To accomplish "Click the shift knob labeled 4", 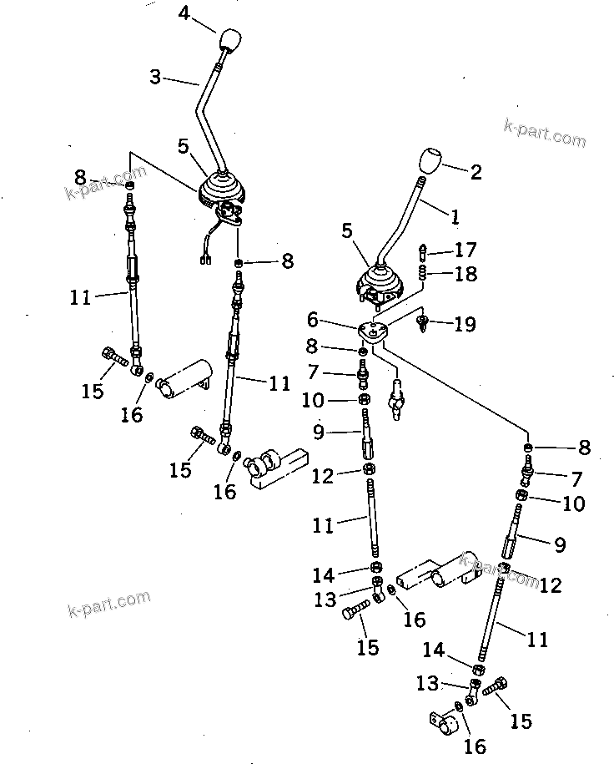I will pyautogui.click(x=229, y=41).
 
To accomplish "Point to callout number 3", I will pyautogui.click(x=155, y=77).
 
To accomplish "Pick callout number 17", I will pyautogui.click(x=466, y=249).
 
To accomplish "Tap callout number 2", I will pyautogui.click(x=476, y=173).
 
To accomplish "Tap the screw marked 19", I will pyautogui.click(x=426, y=321).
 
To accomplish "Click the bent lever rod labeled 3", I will pyautogui.click(x=204, y=104).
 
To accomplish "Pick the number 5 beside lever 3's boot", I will pyautogui.click(x=184, y=146).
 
